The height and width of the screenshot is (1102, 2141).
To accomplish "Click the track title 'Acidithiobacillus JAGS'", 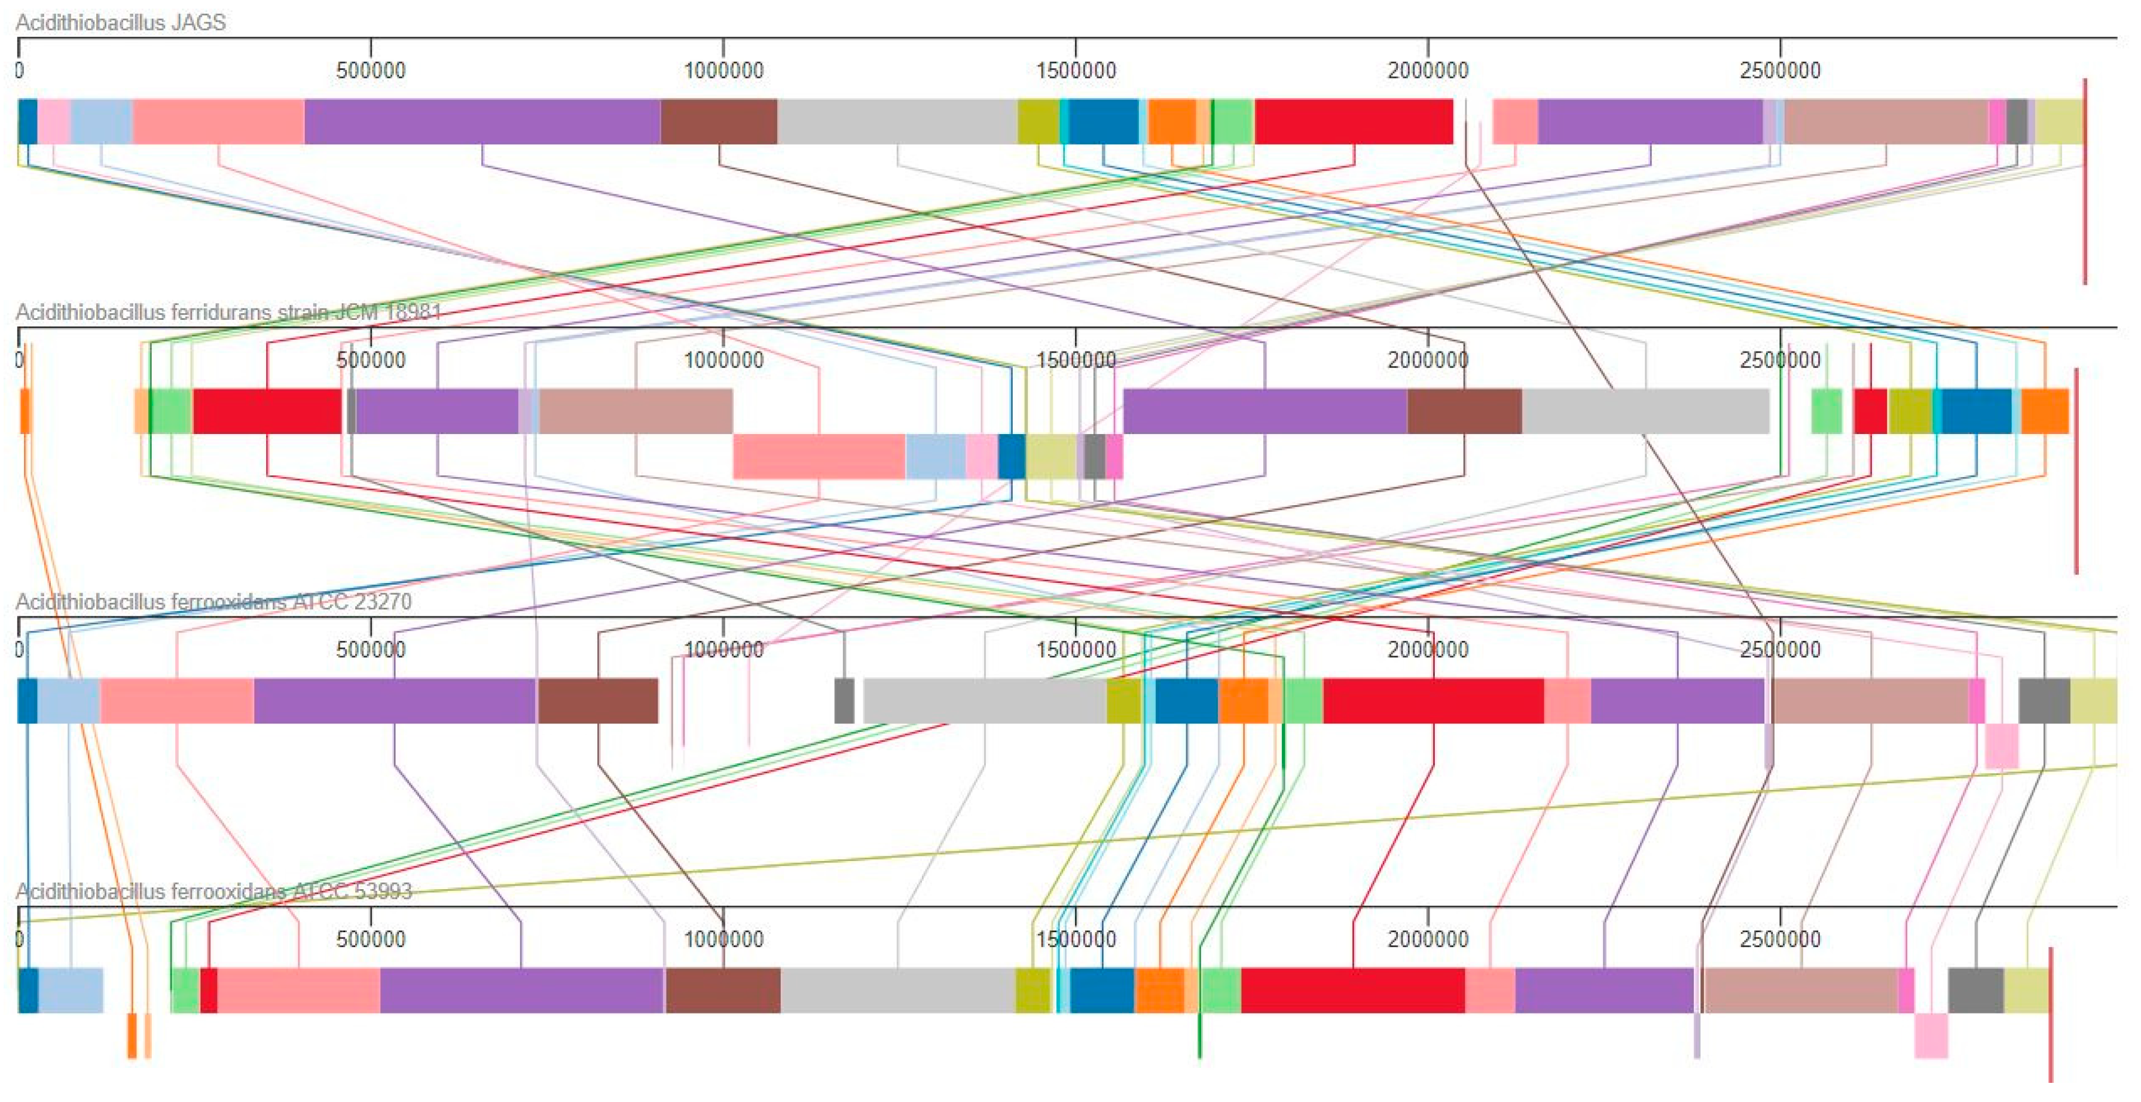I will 121,23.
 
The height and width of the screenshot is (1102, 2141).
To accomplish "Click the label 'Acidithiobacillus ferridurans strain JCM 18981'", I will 228,313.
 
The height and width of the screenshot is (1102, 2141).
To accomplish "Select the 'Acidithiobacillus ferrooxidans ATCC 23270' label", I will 213,602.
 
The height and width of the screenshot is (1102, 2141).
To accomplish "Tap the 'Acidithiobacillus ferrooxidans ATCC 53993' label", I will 213,892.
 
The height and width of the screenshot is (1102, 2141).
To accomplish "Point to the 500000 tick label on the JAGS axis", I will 371,71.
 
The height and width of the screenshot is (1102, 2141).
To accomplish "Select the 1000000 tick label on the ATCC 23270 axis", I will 723,650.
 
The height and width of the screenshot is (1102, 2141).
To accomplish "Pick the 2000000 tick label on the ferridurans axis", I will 1428,361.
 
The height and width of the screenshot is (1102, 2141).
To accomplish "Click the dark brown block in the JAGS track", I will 719,122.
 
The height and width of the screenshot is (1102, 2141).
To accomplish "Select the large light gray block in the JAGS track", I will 897,122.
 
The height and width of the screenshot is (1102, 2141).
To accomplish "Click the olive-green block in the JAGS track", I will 1038,122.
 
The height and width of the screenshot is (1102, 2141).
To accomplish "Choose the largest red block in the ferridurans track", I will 267,411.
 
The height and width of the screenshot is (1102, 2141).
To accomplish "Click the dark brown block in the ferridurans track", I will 1464,411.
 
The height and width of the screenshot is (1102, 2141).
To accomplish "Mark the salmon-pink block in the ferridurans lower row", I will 818,456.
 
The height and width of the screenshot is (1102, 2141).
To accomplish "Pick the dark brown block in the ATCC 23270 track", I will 598,701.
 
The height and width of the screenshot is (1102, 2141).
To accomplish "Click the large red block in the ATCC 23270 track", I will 1434,701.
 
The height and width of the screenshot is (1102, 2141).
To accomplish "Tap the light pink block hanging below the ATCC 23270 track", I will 2001,746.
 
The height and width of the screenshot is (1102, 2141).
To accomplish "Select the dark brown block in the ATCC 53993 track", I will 723,991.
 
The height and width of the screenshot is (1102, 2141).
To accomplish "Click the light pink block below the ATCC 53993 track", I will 1931,1036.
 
